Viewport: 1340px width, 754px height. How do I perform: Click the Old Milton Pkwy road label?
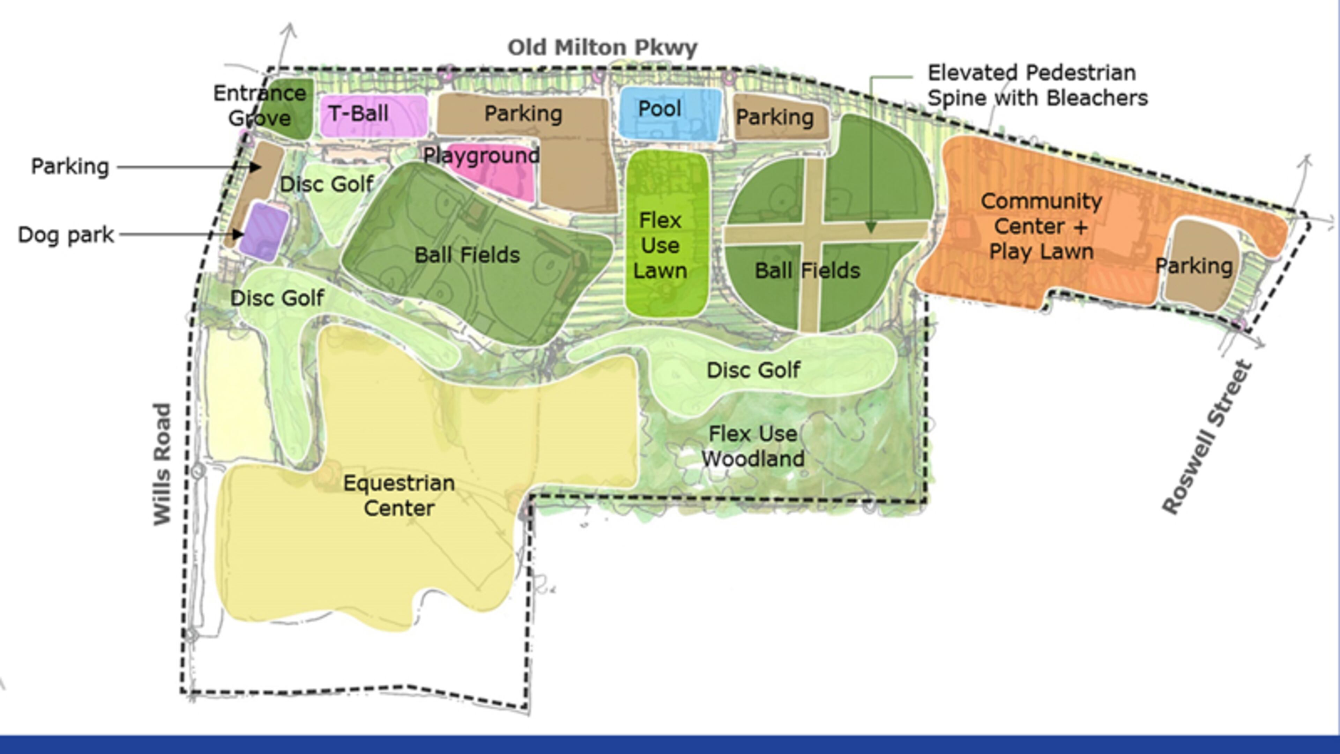(602, 48)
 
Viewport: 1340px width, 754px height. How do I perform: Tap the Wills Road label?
(162, 464)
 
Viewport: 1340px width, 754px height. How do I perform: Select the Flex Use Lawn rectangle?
(667, 234)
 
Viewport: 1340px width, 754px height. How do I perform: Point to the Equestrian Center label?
(399, 495)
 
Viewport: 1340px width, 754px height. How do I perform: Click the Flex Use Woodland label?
(753, 446)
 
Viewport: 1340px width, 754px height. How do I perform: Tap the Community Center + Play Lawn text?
(1041, 226)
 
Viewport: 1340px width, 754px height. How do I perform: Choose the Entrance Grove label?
(260, 106)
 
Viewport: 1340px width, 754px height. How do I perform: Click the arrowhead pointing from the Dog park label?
(238, 234)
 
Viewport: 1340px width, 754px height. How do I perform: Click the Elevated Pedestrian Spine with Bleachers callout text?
(1037, 85)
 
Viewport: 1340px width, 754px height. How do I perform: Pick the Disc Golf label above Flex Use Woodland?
(753, 370)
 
